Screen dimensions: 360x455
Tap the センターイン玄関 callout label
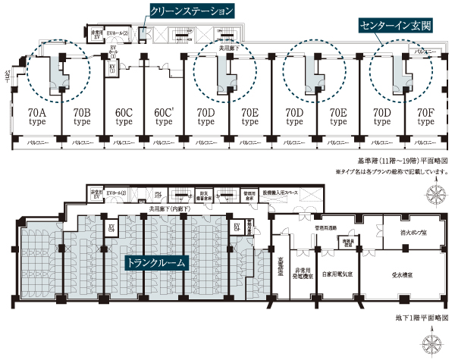coord(395,25)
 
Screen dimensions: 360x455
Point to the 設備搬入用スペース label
coord(283,193)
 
